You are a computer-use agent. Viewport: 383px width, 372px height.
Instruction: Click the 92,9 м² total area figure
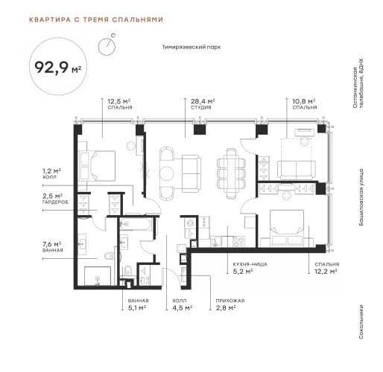tap(58, 67)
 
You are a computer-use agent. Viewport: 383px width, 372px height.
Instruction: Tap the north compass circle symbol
tap(107, 46)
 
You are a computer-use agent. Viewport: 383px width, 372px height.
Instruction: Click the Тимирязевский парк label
tap(191, 47)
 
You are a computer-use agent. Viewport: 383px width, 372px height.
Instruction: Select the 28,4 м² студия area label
tap(203, 104)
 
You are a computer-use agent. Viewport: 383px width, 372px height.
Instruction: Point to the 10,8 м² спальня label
tap(304, 104)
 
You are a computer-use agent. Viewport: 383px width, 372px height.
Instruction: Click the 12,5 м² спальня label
tap(120, 104)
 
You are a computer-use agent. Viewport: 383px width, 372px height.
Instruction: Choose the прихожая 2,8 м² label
tap(230, 304)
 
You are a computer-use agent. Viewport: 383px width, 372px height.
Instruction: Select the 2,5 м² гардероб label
tap(55, 199)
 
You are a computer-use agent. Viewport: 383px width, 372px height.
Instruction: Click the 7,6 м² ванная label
tap(53, 247)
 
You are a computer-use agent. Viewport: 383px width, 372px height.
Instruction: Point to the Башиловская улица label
tap(361, 197)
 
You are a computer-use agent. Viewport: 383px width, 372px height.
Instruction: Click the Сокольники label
tap(361, 322)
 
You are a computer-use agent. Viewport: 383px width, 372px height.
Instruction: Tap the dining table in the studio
tap(231, 173)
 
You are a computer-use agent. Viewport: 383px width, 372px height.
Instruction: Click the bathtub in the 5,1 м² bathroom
tap(135, 224)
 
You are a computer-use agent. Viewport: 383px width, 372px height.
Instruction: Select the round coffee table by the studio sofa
tap(166, 174)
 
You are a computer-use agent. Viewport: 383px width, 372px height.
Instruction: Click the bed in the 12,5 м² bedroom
tap(97, 166)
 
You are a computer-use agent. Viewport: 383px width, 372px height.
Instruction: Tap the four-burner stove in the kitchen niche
tap(239, 242)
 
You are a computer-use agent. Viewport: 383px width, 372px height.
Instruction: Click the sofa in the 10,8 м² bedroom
tap(297, 170)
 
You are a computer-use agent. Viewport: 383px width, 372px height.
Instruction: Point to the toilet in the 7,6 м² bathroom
tap(110, 255)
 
